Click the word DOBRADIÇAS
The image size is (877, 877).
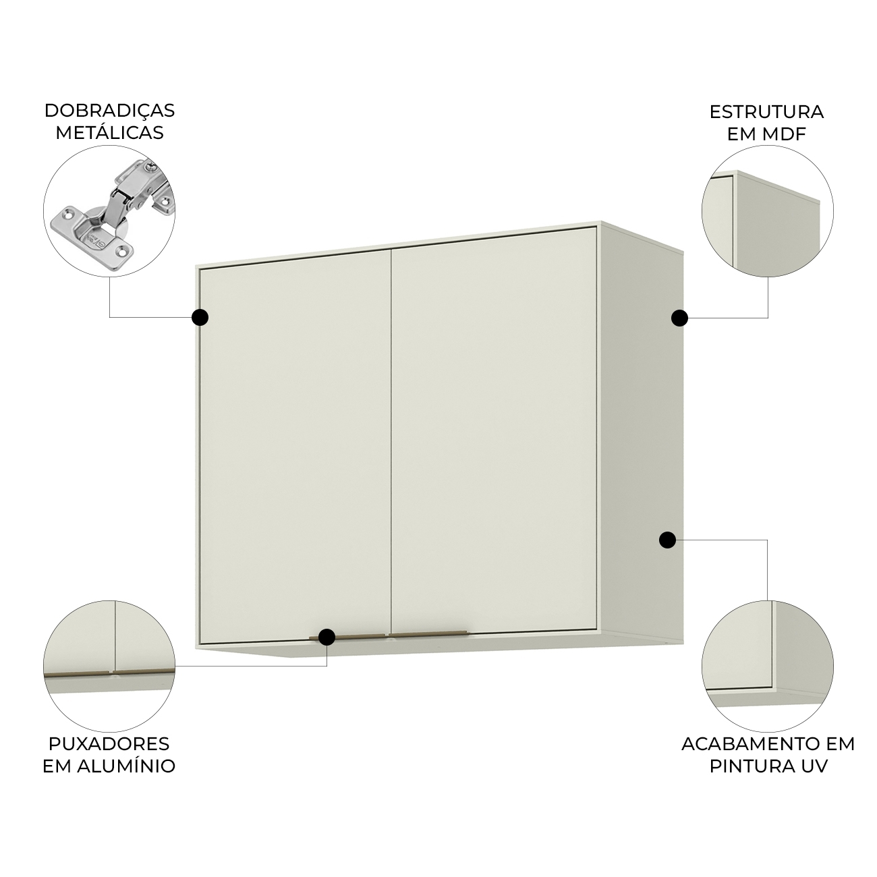click(109, 111)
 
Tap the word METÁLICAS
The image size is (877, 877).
click(109, 132)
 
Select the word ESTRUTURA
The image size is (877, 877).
click(767, 112)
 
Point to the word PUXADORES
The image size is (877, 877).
click(109, 743)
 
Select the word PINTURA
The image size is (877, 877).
click(752, 766)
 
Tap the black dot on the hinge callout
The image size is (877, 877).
click(200, 317)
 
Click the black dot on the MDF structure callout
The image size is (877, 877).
click(679, 318)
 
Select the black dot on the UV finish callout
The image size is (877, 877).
click(667, 540)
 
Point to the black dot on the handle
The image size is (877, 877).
click(327, 637)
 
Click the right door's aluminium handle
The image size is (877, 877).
click(428, 633)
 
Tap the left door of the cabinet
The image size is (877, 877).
click(296, 446)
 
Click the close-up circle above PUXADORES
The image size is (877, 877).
click(109, 666)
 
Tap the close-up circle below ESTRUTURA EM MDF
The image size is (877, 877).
click(768, 210)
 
